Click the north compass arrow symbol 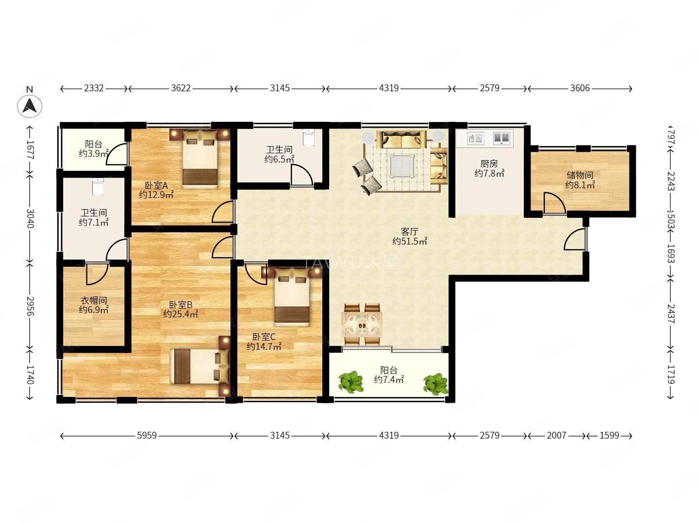coord(29,106)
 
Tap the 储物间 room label coord(580,175)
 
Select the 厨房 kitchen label coord(489,164)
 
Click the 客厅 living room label coord(409,231)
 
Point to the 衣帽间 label coord(93,300)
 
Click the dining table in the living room coord(362,324)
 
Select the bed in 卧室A coord(200,159)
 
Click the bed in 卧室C coord(292,297)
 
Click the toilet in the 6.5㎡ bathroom coord(308,137)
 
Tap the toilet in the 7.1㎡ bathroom coord(98,186)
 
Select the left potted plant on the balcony coord(351,381)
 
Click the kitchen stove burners coord(501,138)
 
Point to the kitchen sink coord(475,138)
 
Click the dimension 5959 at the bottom coord(147,435)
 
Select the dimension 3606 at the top coord(580,88)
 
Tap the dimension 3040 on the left coord(30,218)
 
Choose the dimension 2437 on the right coord(671,314)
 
